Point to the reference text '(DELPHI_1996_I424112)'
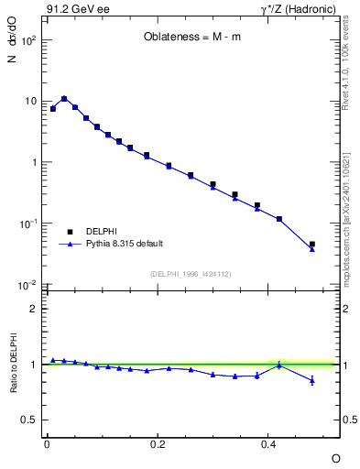point(191,273)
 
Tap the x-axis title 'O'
point(335,457)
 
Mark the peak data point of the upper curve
point(64,98)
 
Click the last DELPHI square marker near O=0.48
point(312,245)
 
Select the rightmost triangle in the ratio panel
point(312,380)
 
